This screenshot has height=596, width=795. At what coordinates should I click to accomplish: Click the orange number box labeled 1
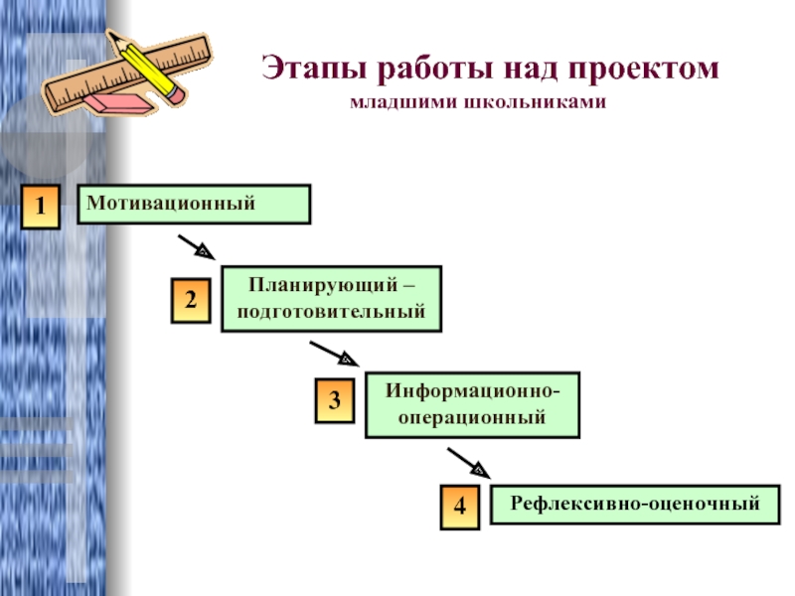tap(41, 207)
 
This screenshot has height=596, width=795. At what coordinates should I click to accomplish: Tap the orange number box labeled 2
tap(191, 300)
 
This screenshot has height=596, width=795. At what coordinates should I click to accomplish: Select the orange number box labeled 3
tap(335, 400)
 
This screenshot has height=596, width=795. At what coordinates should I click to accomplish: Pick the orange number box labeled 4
tap(460, 506)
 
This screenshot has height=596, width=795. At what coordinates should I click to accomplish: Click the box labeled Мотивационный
tap(194, 204)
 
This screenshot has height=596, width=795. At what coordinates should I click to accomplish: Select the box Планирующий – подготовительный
tap(331, 298)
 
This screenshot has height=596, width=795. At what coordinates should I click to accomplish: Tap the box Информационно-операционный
tap(472, 404)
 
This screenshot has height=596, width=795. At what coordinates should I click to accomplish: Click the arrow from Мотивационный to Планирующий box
tap(196, 246)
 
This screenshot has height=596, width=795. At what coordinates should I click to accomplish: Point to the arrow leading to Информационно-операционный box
tap(331, 354)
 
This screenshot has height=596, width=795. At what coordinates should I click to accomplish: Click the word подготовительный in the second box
tap(331, 311)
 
